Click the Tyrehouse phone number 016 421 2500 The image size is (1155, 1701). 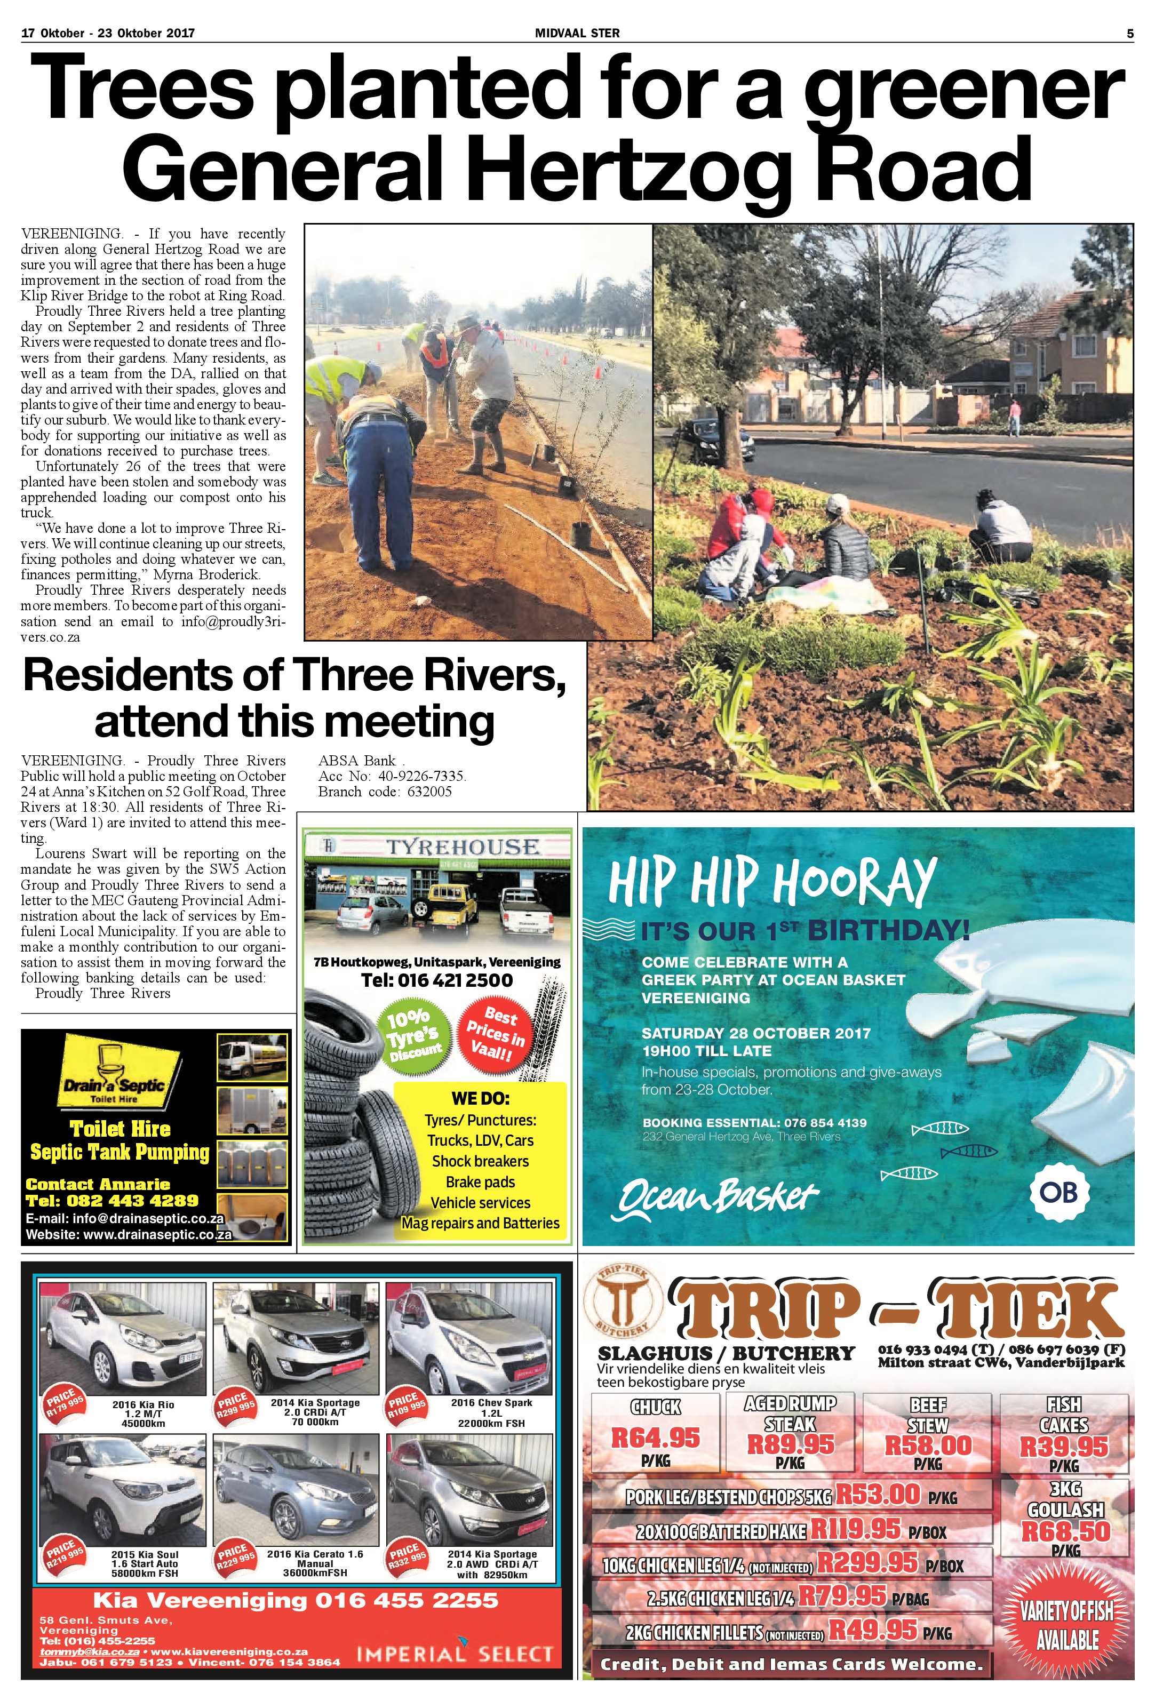[x=437, y=979]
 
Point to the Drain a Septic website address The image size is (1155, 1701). [x=129, y=1235]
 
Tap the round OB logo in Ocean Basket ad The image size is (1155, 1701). [x=1058, y=1193]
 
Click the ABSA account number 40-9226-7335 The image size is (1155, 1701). [x=392, y=776]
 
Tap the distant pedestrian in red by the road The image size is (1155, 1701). [x=1015, y=417]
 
